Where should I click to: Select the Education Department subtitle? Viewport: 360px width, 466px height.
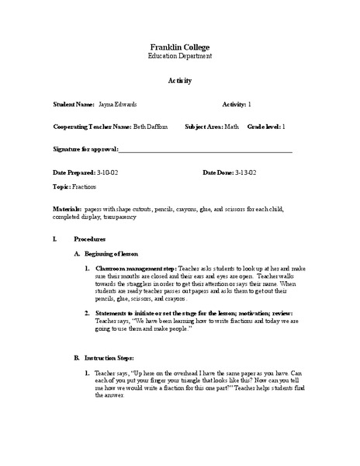[x=180, y=57]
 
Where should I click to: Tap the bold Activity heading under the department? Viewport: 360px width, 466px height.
[x=180, y=81]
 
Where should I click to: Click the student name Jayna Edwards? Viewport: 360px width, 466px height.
[x=118, y=103]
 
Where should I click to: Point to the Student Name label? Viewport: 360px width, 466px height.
[x=74, y=103]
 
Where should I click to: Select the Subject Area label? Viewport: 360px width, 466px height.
[x=203, y=126]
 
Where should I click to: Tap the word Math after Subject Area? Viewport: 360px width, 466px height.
[x=233, y=126]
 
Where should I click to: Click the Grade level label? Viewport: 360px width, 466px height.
[x=264, y=126]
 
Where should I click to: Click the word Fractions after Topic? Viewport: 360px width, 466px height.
[x=85, y=187]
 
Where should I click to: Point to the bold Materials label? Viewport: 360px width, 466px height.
[x=67, y=210]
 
